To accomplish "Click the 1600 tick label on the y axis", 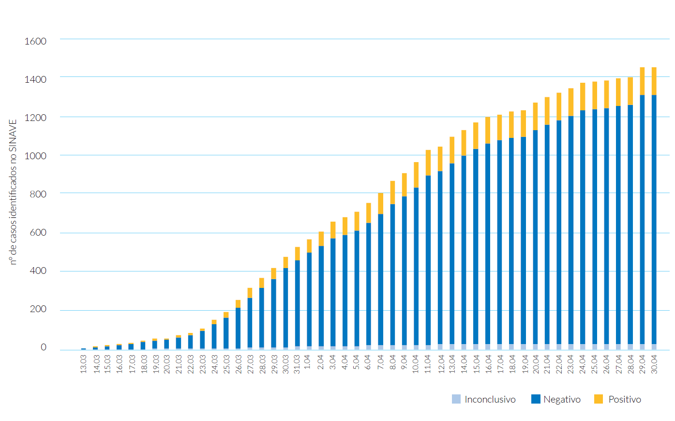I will [x=35, y=41].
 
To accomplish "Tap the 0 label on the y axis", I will [x=44, y=347].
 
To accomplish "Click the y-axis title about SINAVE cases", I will [x=13, y=192].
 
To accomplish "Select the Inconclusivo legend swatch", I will [x=456, y=399].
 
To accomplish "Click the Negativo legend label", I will [x=562, y=399].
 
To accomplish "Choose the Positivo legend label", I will [x=625, y=399].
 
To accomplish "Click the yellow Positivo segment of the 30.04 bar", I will [x=654, y=81].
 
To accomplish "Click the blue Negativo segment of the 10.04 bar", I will [x=416, y=266].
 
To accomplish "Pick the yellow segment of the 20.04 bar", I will [x=535, y=116].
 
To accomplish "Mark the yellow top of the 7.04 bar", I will [x=381, y=203].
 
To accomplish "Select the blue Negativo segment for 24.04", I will [x=583, y=227].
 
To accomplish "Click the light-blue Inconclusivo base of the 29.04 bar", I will [x=642, y=346].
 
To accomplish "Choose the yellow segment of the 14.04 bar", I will [x=464, y=143].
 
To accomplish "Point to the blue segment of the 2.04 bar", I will [x=321, y=295].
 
